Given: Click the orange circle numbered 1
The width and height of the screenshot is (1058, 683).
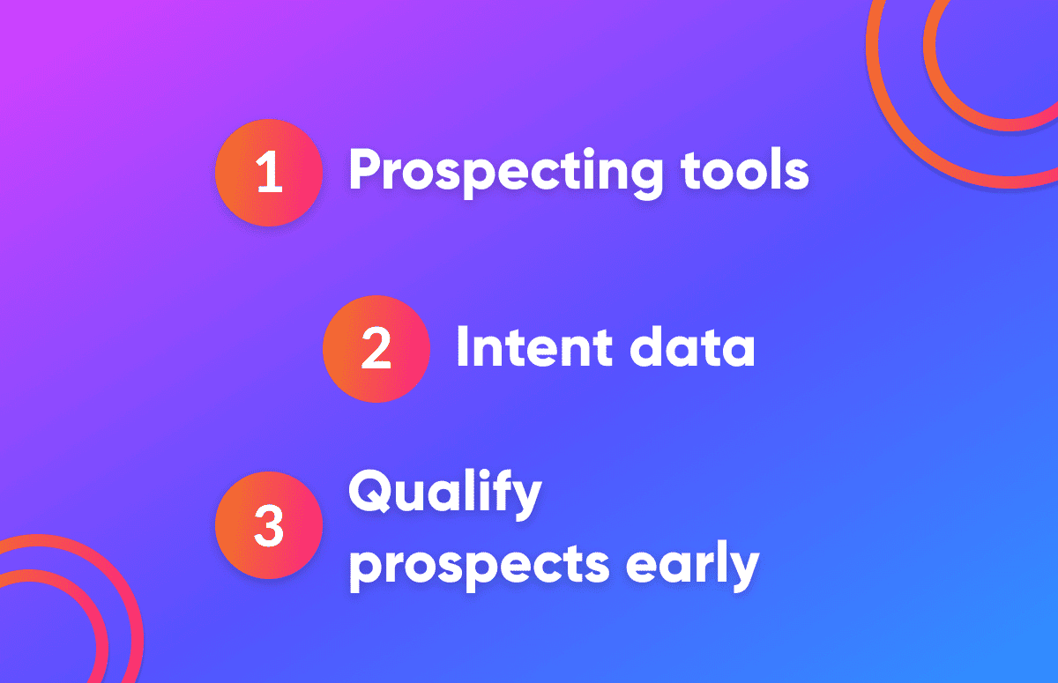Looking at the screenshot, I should tap(269, 173).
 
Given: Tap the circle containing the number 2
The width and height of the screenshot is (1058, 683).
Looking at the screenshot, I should tap(376, 349).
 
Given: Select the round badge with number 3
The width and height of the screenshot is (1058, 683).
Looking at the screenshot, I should tap(269, 525).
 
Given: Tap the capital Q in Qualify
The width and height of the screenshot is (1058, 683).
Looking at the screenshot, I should tap(371, 493).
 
